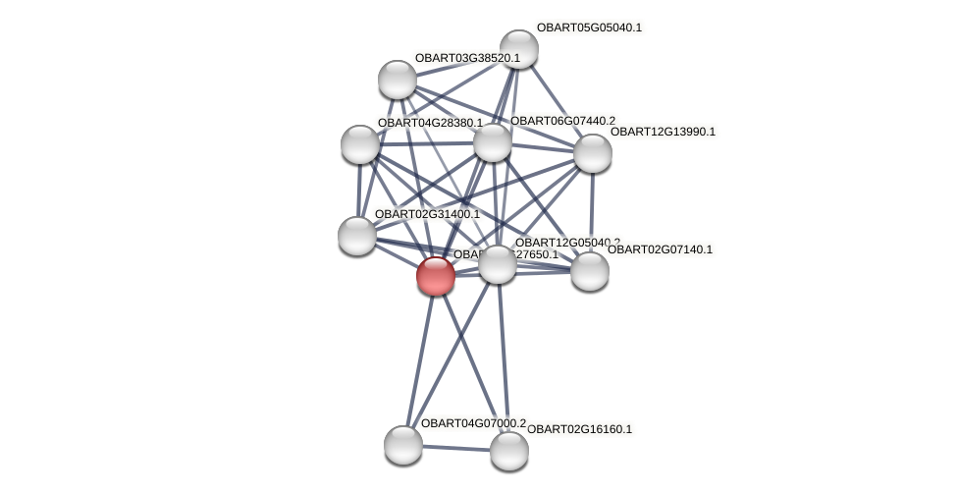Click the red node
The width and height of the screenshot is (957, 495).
[x=435, y=276]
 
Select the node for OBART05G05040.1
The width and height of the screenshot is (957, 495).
[x=518, y=49]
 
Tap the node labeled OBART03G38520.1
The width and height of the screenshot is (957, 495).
[x=398, y=80]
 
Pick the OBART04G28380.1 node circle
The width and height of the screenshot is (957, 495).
[x=360, y=144]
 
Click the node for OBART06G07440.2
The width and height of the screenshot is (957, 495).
[x=493, y=142]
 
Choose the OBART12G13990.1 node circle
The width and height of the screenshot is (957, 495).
[x=592, y=153]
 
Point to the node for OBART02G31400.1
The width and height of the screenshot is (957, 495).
[x=356, y=236]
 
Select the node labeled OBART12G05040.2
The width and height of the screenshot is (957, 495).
[x=498, y=264]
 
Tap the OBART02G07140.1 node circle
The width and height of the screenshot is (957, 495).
[x=589, y=271]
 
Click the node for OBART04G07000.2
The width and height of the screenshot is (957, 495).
[x=402, y=445]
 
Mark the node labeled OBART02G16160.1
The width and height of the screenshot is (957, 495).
[x=508, y=451]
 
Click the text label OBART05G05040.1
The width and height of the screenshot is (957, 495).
[x=589, y=27]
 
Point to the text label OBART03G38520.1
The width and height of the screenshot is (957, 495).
[x=467, y=58]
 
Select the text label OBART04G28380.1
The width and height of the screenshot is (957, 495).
[x=430, y=123]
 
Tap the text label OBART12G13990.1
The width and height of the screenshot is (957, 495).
[x=663, y=132]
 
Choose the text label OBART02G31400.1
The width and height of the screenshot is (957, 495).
[x=427, y=214]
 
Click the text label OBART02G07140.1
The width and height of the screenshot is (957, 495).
[x=660, y=249]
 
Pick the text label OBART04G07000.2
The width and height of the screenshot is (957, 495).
[x=473, y=423]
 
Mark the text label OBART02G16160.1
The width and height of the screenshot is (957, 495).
[x=579, y=429]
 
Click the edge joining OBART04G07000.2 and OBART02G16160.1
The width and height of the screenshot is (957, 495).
[x=455, y=448]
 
